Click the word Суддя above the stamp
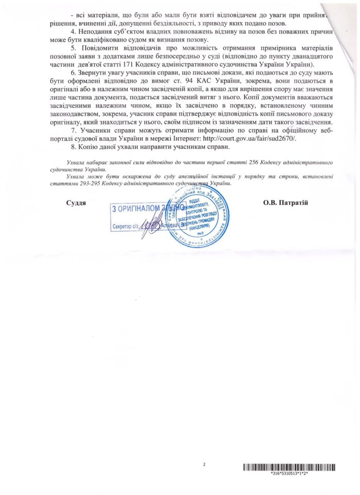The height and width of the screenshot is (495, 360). coord(76,203)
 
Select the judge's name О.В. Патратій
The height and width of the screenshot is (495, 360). coord(285,203)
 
